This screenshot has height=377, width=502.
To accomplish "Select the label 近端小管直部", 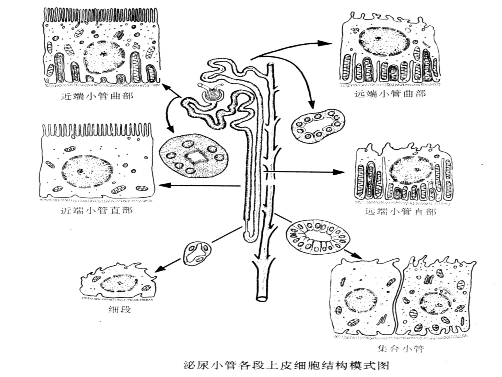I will pos(97,210).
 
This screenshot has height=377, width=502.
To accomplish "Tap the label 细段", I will pos(120,309).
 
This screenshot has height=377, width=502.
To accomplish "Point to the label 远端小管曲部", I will pos(390,94).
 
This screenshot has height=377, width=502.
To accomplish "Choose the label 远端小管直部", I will pos(401,212).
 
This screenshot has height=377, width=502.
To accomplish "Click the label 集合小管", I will pos(401,349).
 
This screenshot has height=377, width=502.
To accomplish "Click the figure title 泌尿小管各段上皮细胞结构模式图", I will pos(286,365).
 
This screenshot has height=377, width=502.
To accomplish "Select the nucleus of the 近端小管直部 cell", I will pos(87,171).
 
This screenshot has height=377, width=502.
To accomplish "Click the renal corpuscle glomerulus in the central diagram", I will pos(212,95).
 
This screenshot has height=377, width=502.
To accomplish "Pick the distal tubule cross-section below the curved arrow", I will pos(318,126).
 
